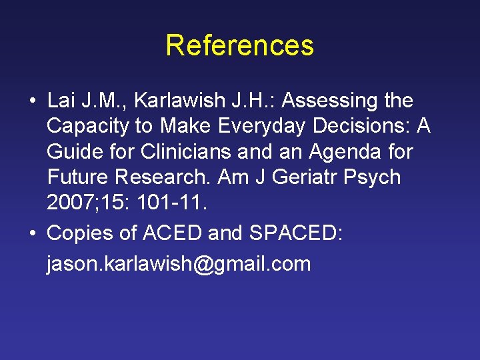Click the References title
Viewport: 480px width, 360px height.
(239, 45)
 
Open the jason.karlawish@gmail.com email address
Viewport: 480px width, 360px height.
(179, 264)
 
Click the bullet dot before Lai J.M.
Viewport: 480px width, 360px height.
(33, 102)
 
